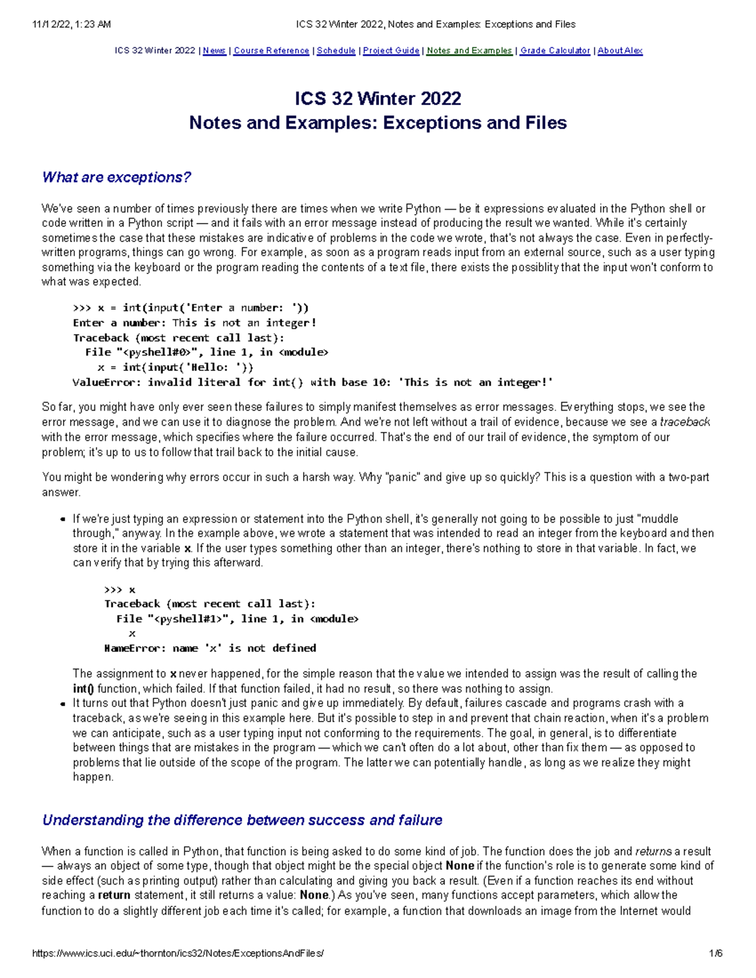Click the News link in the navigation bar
214,50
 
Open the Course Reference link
272,50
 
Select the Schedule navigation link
336,50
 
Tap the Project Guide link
391,50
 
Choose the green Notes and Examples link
469,50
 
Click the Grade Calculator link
555,50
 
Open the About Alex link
620,50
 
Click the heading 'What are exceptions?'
117,178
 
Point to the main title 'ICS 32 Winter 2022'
378,99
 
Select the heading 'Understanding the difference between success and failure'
242,820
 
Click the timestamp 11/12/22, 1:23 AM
71,25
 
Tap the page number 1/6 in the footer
716,953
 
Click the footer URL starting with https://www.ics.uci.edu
178,953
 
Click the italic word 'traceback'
685,422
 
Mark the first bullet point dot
62,520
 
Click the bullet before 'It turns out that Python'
62,704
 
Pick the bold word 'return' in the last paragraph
114,895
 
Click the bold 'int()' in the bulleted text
83,688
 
